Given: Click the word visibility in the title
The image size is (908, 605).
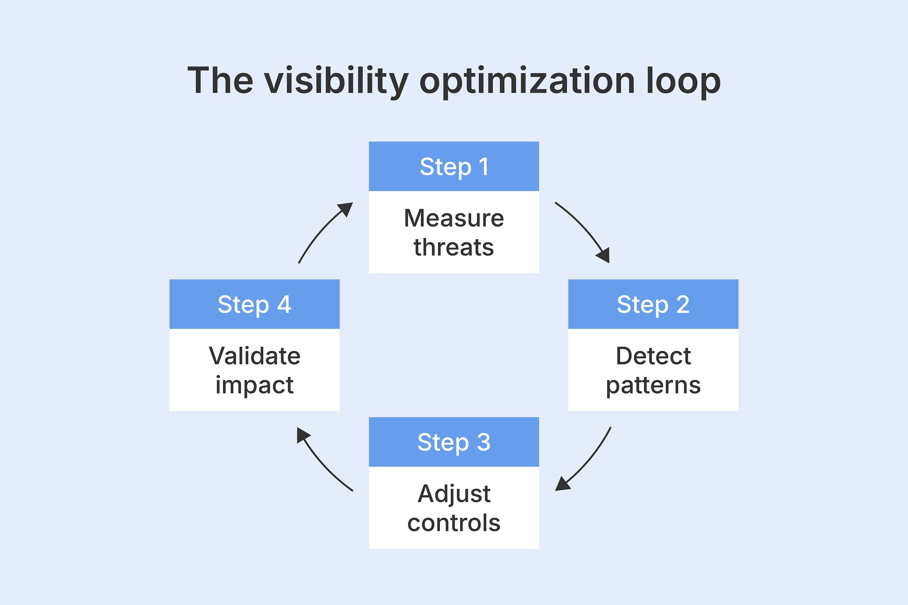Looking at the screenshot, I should (x=336, y=81).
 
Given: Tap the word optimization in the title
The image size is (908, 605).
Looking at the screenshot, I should (x=527, y=81).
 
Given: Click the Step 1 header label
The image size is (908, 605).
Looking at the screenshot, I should (x=454, y=167).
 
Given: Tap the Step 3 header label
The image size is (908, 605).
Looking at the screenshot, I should (x=454, y=442).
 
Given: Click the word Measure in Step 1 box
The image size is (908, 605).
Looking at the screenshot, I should (x=454, y=218).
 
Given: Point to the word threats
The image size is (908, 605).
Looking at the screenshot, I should (x=454, y=247).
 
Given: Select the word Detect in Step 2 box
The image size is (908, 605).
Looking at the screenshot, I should (x=653, y=356).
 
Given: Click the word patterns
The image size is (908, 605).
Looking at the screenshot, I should (x=653, y=385).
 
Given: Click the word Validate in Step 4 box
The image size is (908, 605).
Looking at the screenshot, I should (x=255, y=356).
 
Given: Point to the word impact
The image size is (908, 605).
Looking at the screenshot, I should (x=255, y=385).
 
